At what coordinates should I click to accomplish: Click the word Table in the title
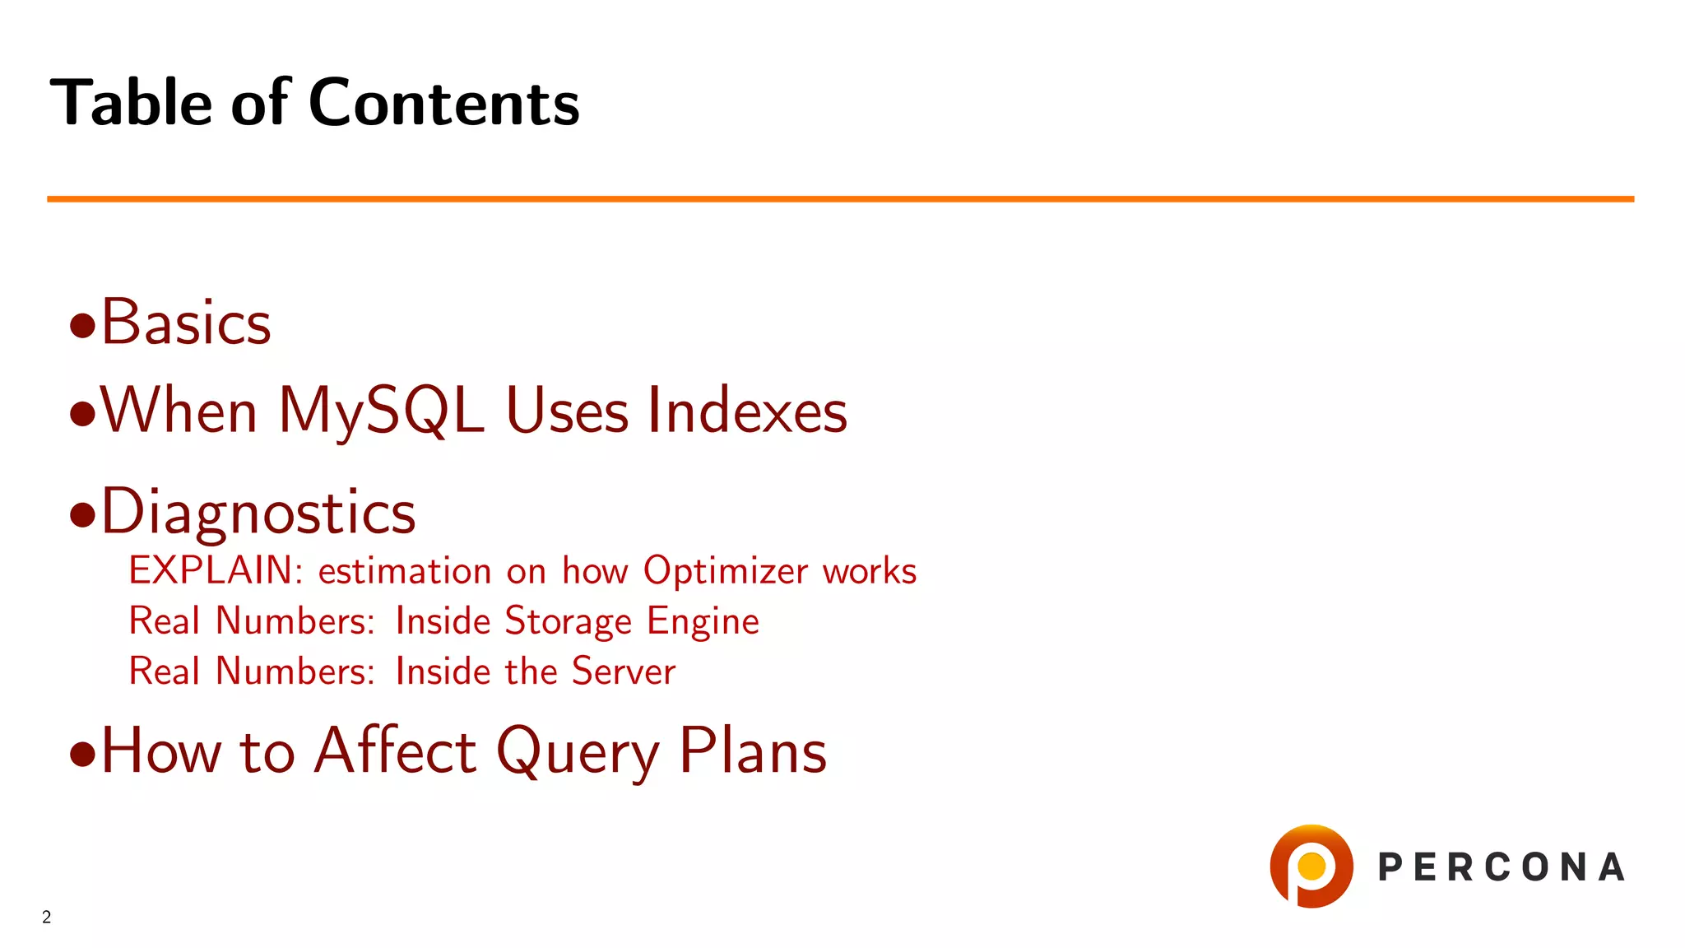pyautogui.click(x=131, y=102)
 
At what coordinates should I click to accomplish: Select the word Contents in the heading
pyautogui.click(x=444, y=103)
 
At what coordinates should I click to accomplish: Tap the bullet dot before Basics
pyautogui.click(x=82, y=326)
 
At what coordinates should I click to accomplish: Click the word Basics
pyautogui.click(x=186, y=322)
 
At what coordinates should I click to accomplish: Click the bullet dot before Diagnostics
pyautogui.click(x=82, y=515)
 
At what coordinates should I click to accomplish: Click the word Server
pyautogui.click(x=624, y=671)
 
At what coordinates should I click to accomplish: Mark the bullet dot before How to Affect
pyautogui.click(x=82, y=754)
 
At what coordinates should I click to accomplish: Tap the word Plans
pyautogui.click(x=753, y=750)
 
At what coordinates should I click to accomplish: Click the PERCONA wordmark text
pyautogui.click(x=1502, y=867)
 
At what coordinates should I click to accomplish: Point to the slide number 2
pyautogui.click(x=47, y=917)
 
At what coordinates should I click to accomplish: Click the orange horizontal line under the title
pyautogui.click(x=840, y=199)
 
